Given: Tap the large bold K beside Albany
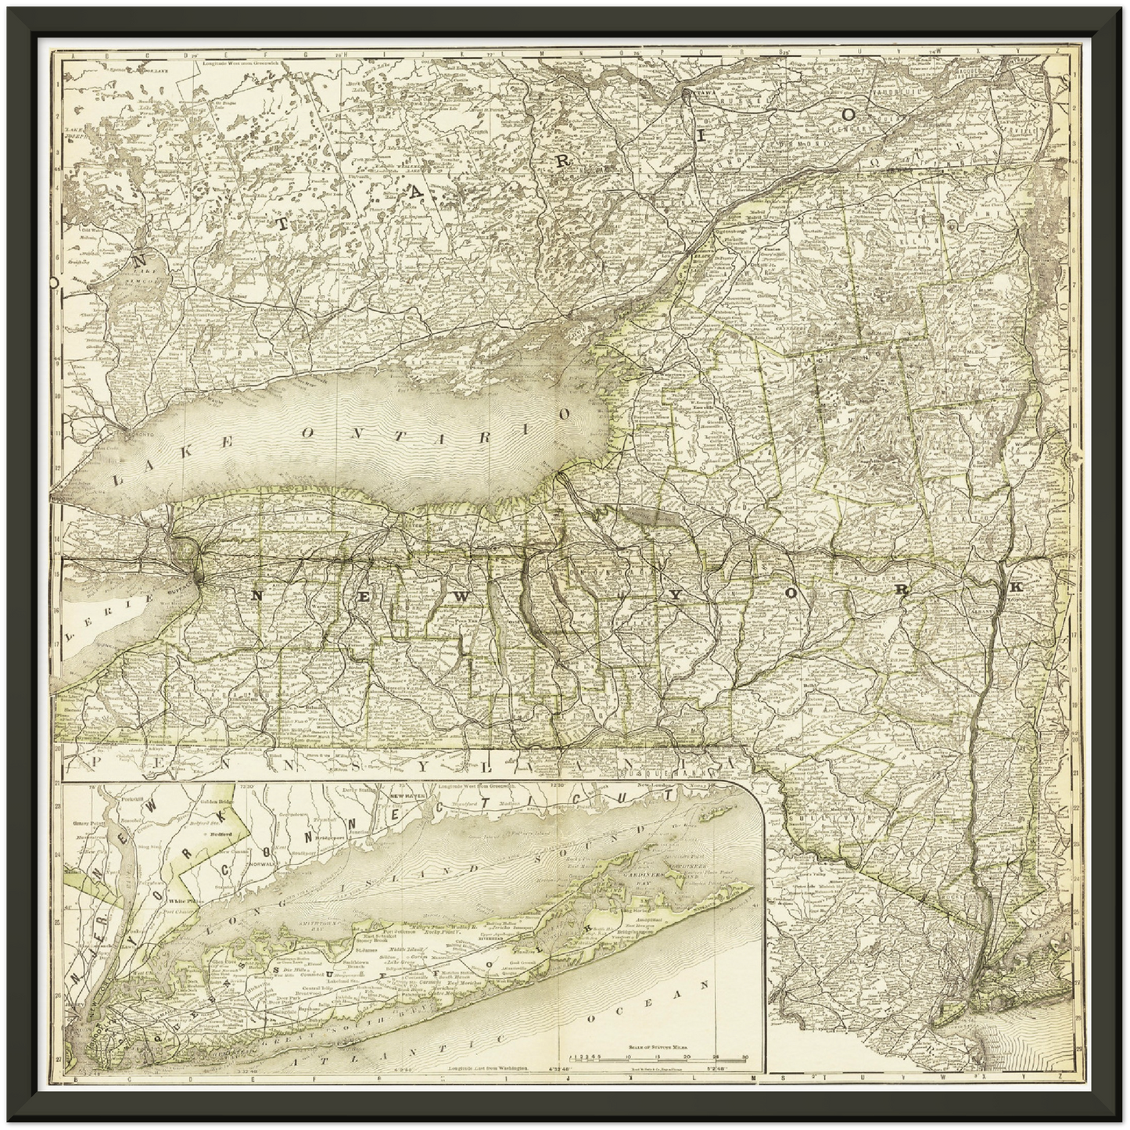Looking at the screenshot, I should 1017,587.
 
